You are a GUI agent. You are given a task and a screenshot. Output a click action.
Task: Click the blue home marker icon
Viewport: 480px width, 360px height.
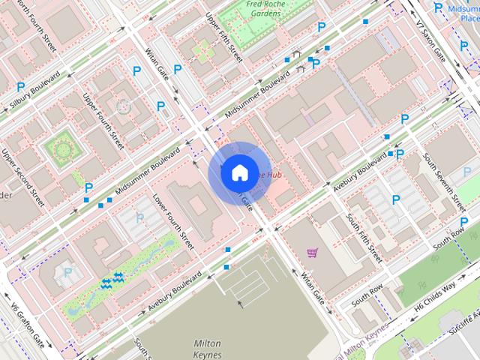[238, 172]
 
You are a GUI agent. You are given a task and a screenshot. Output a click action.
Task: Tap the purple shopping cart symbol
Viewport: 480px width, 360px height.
[312, 253]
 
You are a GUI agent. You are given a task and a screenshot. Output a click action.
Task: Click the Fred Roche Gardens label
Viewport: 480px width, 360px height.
[266, 8]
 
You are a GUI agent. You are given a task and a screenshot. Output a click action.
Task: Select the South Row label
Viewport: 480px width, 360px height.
[369, 293]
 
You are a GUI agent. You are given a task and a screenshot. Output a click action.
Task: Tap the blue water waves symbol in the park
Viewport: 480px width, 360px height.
[110, 280]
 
